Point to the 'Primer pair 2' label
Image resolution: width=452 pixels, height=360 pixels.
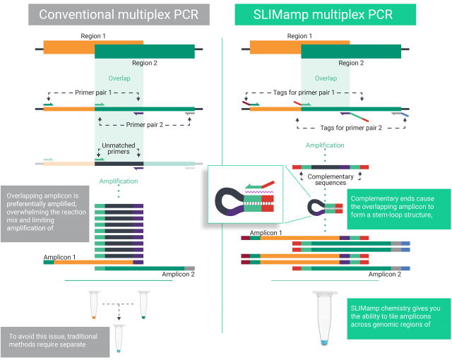coord(145,124)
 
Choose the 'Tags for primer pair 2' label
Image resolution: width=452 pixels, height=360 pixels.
coord(351,128)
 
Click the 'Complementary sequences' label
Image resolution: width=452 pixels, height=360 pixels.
coord(326,179)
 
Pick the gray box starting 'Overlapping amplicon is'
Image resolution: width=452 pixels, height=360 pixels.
coord(44,212)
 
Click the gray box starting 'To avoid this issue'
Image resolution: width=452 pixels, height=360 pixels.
coord(55,341)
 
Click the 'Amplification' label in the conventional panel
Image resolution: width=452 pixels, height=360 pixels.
coord(119,181)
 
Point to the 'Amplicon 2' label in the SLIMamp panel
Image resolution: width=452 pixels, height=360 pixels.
coord(385,274)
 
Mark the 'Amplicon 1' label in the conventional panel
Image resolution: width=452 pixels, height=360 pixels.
coord(60,257)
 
